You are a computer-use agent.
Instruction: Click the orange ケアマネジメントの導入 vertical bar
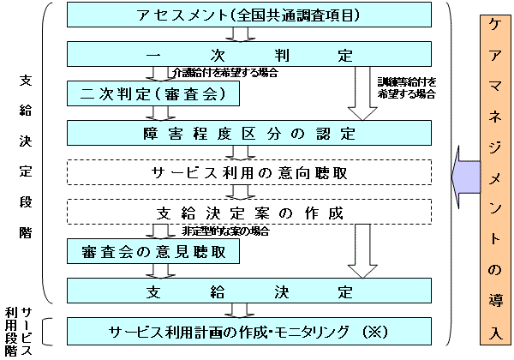click(x=493, y=180)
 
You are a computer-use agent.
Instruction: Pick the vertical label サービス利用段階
click(x=18, y=330)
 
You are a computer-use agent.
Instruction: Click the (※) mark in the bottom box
click(x=376, y=331)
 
